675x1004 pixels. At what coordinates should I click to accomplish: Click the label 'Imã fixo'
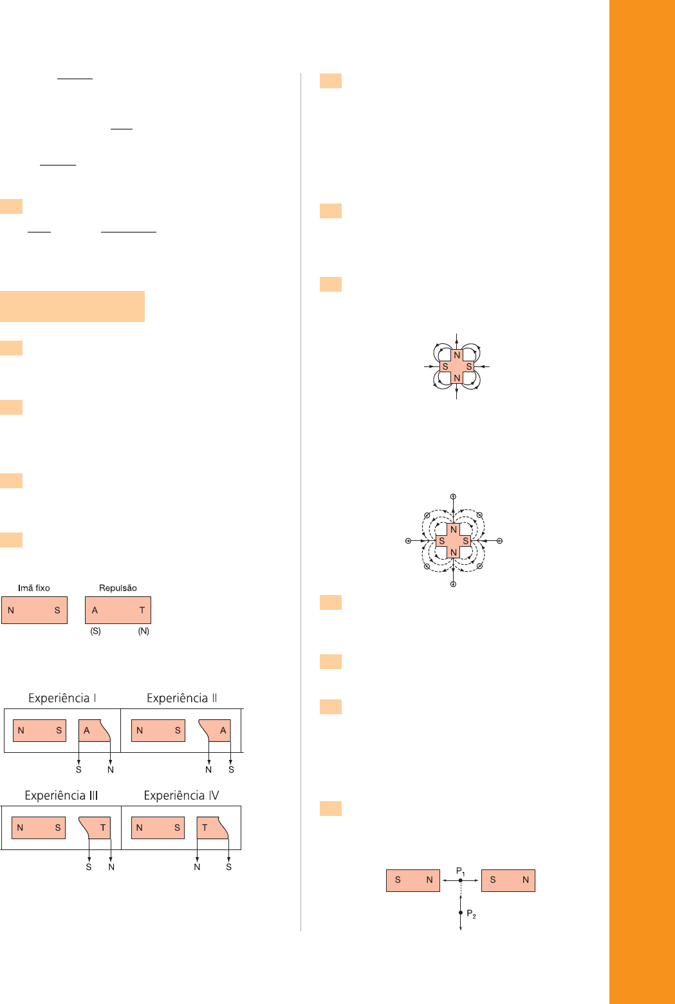(x=34, y=588)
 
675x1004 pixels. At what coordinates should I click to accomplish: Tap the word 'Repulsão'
(x=118, y=588)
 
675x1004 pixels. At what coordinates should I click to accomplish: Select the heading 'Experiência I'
(x=62, y=698)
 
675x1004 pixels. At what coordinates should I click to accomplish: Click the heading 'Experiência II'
(x=182, y=698)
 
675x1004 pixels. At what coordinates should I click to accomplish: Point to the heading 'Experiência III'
(x=61, y=795)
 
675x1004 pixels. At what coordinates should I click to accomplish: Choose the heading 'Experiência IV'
(x=181, y=795)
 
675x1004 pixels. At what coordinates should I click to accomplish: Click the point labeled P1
(x=461, y=880)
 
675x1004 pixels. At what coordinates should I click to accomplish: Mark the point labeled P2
(x=461, y=913)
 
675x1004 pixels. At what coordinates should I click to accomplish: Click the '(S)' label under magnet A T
(x=95, y=631)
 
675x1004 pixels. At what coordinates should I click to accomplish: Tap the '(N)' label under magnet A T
(x=143, y=631)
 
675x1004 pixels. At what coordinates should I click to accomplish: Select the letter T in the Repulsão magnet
(x=142, y=610)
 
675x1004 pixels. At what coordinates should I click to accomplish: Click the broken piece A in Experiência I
(x=94, y=730)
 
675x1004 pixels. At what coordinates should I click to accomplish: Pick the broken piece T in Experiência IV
(x=212, y=828)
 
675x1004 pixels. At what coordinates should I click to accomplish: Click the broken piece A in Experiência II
(x=215, y=730)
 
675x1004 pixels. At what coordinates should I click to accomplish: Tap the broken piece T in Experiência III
(x=95, y=828)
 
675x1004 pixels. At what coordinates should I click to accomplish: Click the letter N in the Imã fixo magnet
(x=11, y=610)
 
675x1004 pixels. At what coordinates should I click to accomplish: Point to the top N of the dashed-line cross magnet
(x=453, y=529)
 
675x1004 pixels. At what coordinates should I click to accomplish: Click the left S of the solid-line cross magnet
(x=445, y=366)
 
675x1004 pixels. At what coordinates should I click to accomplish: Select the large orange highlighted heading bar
(x=72, y=307)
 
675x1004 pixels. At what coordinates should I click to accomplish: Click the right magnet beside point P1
(x=508, y=880)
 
